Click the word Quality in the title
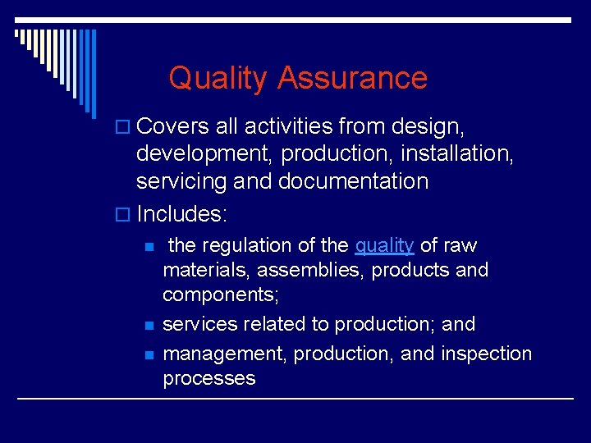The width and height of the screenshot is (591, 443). click(218, 79)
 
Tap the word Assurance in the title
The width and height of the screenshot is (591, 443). click(352, 79)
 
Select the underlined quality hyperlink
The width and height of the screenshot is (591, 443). click(384, 245)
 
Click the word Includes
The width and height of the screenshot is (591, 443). click(181, 214)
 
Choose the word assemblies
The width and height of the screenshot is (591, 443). click(313, 270)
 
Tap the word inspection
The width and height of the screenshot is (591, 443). click(486, 354)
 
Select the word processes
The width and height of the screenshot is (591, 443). click(209, 378)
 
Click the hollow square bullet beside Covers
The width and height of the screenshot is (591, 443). click(125, 128)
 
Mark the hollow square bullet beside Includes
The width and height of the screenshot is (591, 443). click(125, 215)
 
